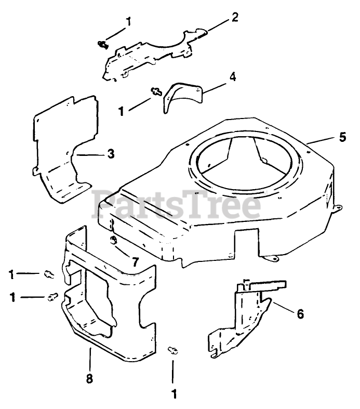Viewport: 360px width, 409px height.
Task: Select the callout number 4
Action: point(233,77)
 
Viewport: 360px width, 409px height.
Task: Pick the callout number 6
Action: point(300,314)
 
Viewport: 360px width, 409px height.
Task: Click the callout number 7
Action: point(135,261)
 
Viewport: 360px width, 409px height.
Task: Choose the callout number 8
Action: point(89,379)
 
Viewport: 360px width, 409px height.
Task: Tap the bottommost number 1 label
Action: point(175,394)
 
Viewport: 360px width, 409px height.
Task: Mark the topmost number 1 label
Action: point(128,22)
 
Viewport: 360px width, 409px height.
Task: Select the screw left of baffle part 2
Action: point(102,45)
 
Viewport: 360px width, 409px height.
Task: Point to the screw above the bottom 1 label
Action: point(173,351)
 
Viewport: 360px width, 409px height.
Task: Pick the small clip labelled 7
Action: point(113,240)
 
